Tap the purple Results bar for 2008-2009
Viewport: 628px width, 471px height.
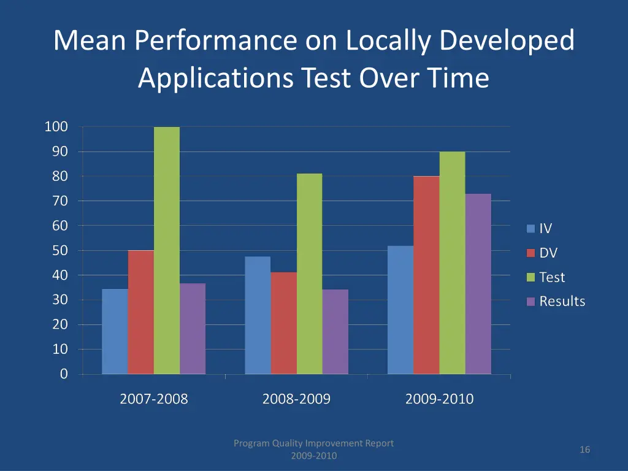click(x=335, y=332)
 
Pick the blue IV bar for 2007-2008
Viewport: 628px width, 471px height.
click(x=115, y=331)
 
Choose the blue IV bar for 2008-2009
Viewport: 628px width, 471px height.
click(x=258, y=315)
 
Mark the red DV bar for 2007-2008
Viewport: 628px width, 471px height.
click(x=141, y=312)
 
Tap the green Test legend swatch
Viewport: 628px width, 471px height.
click(x=531, y=277)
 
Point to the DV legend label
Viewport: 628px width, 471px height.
click(x=548, y=253)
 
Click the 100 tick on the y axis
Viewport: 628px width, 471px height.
click(x=56, y=127)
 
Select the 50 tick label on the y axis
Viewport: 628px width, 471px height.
click(x=59, y=250)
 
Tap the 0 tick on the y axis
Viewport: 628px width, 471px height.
click(x=64, y=374)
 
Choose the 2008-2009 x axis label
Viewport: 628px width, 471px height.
click(x=296, y=399)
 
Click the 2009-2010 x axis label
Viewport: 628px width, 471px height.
click(x=439, y=399)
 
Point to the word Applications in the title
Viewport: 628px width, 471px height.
click(x=215, y=78)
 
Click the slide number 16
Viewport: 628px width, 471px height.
click(x=584, y=450)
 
